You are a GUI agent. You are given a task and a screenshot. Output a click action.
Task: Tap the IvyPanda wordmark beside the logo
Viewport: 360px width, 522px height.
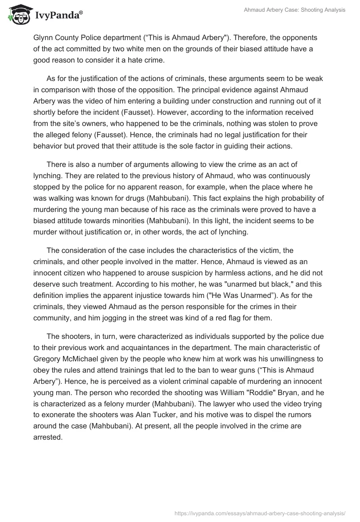point(58,16)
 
